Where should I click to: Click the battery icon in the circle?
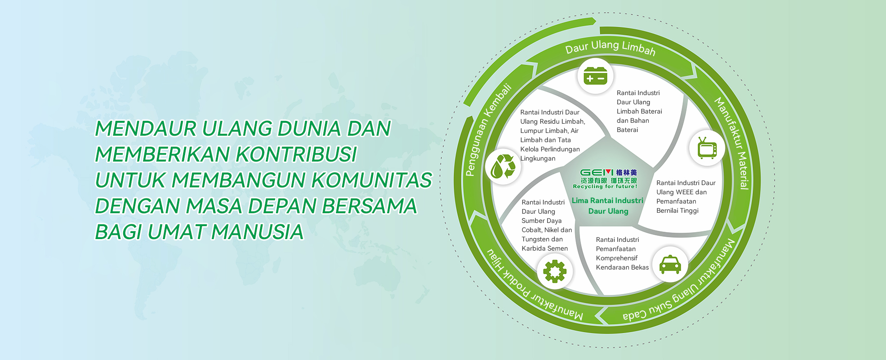[x=595, y=76]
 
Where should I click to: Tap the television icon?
[x=707, y=148]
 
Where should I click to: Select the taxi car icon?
[x=670, y=264]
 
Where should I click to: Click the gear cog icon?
[x=555, y=271]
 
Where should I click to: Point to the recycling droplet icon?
[x=503, y=166]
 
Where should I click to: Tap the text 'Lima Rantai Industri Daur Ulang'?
[x=608, y=206]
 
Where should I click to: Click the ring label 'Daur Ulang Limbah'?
[x=610, y=47]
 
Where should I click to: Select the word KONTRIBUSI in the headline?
[x=296, y=155]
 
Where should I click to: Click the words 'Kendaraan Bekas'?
[x=622, y=267]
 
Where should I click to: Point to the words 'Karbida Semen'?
[x=545, y=248]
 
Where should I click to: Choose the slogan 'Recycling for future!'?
[x=605, y=186]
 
